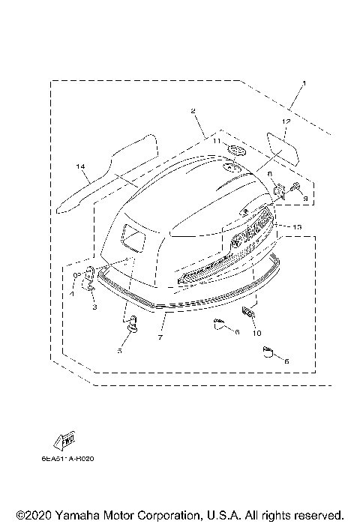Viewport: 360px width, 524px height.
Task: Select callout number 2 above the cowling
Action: pos(193,111)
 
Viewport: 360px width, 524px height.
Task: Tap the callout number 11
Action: pos(214,140)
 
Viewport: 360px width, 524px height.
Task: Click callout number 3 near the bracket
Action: pos(95,307)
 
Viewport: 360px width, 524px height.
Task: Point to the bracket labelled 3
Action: pos(89,279)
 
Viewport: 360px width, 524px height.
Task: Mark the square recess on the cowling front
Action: pos(133,238)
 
